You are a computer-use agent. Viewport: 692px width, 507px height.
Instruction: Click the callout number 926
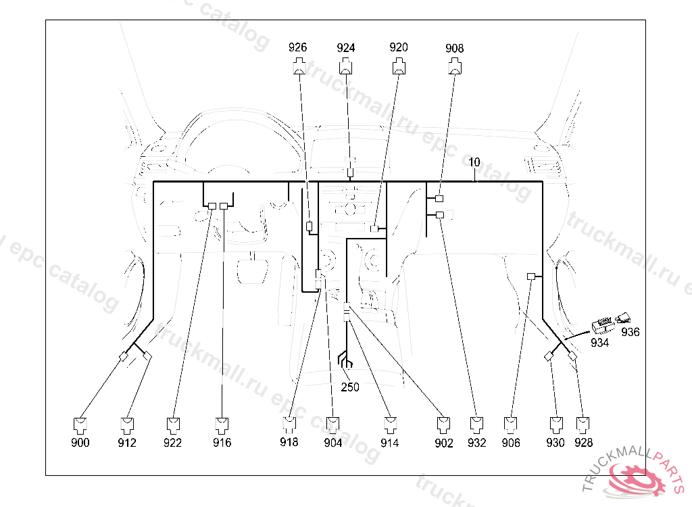point(297,47)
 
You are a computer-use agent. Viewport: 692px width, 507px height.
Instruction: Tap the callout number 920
point(399,47)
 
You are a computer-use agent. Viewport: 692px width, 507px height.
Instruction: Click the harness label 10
point(474,162)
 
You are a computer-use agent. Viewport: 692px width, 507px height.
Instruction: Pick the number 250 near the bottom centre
point(350,387)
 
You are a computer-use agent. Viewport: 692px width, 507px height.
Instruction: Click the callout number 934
point(599,343)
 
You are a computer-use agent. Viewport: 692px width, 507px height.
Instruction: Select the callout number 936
point(631,332)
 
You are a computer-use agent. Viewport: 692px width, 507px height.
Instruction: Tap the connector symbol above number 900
point(80,425)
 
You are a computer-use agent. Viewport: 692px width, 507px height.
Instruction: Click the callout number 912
point(127,443)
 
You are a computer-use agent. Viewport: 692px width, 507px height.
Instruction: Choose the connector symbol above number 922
point(174,425)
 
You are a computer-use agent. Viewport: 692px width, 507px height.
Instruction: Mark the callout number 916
point(222,443)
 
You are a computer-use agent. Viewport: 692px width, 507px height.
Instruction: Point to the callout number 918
point(289,443)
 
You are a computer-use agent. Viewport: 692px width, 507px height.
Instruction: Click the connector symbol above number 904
point(333,425)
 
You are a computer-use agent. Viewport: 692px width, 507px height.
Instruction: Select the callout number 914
point(389,443)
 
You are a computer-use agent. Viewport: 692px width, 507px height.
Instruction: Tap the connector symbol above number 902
point(444,425)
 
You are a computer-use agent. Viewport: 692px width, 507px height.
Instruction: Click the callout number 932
point(476,443)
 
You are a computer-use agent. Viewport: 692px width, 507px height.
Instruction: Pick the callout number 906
point(512,443)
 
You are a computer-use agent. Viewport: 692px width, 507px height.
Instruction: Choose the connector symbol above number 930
point(555,425)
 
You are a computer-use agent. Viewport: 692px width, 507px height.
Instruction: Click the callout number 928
point(583,443)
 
